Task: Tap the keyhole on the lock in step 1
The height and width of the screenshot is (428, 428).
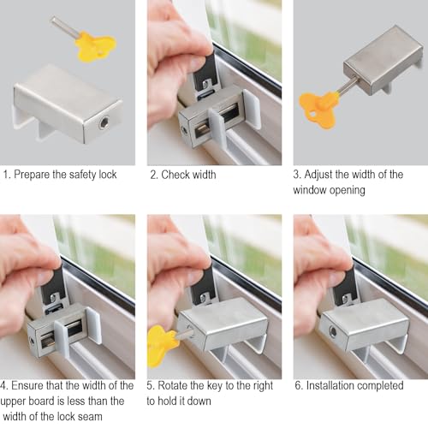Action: point(104,123)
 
